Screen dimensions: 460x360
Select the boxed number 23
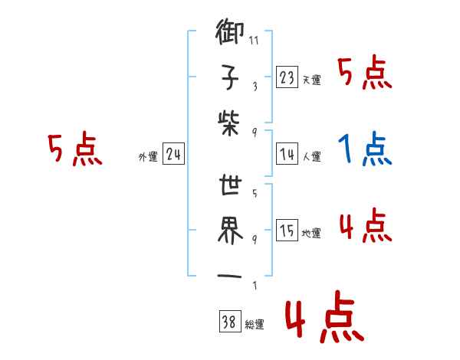pyautogui.click(x=287, y=77)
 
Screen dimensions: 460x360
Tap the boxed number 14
pyautogui.click(x=287, y=154)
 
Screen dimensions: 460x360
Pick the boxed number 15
pyautogui.click(x=287, y=231)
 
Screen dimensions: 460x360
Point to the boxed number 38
pyautogui.click(x=228, y=322)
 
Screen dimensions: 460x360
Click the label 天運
pyautogui.click(x=311, y=80)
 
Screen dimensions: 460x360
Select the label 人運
pyautogui.click(x=311, y=156)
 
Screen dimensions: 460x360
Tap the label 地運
pyautogui.click(x=311, y=233)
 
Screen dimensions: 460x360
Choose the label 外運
pyautogui.click(x=147, y=156)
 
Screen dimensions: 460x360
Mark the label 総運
pyautogui.click(x=254, y=325)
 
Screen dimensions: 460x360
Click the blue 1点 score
pyautogui.click(x=365, y=151)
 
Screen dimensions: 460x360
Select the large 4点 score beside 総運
pyautogui.click(x=323, y=319)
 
